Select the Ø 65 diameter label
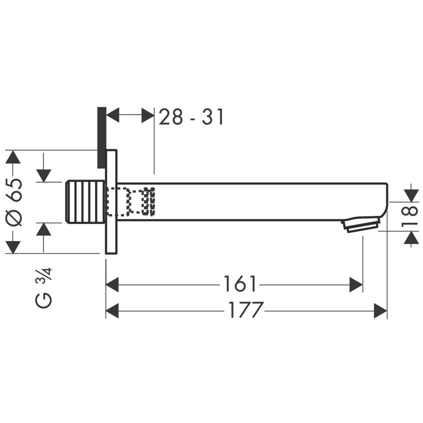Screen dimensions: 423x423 [x=15, y=202]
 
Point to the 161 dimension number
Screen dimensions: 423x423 [x=240, y=284]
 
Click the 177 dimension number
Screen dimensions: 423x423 [x=246, y=310]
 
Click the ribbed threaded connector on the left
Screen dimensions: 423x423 [x=85, y=202]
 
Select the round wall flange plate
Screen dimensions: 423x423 [x=111, y=202]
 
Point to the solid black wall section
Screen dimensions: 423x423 [x=101, y=137]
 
